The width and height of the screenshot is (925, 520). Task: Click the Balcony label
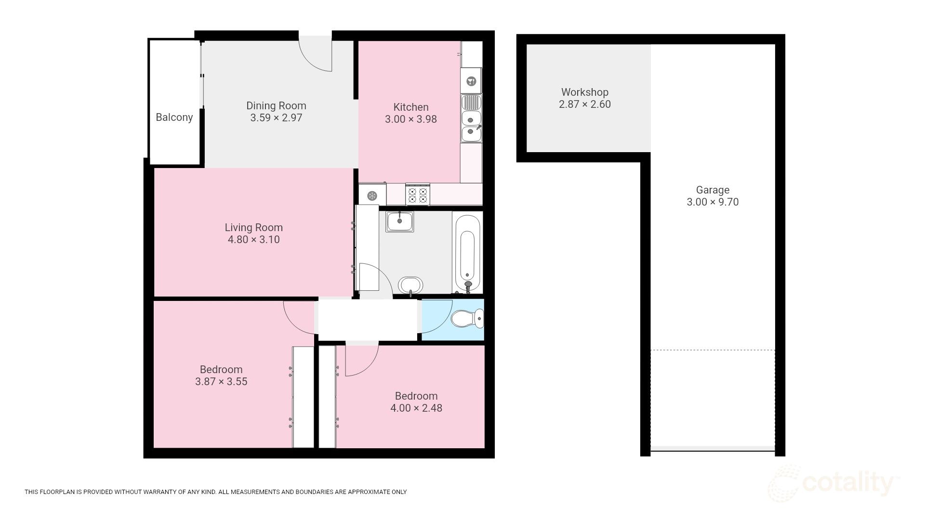tap(174, 117)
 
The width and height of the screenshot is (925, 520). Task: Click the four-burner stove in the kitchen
tap(418, 195)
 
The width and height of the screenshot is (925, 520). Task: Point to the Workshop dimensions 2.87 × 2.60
tap(584, 104)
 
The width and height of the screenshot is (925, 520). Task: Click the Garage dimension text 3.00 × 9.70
tap(712, 202)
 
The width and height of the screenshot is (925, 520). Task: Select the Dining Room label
tap(276, 106)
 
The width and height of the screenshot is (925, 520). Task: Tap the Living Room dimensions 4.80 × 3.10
tap(253, 240)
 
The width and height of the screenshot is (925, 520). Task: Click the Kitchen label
tap(410, 107)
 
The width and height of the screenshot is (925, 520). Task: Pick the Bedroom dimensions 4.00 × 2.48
tap(416, 408)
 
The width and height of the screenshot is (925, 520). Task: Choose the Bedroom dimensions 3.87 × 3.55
tap(221, 382)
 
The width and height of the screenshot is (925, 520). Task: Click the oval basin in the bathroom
tap(411, 285)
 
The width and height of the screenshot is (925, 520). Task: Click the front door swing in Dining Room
tap(318, 54)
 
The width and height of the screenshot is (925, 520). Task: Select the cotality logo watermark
tap(833, 483)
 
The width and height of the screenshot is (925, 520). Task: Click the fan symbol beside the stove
tap(372, 195)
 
